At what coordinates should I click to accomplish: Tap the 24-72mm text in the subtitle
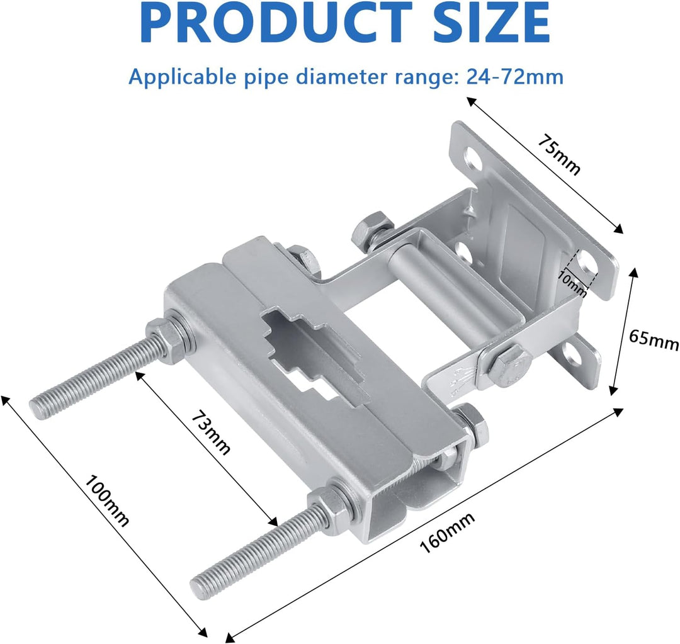point(515,77)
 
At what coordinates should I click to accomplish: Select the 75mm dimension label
point(560,154)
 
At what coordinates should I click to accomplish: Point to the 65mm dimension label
point(654,339)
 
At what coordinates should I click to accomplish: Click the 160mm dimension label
point(448,532)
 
